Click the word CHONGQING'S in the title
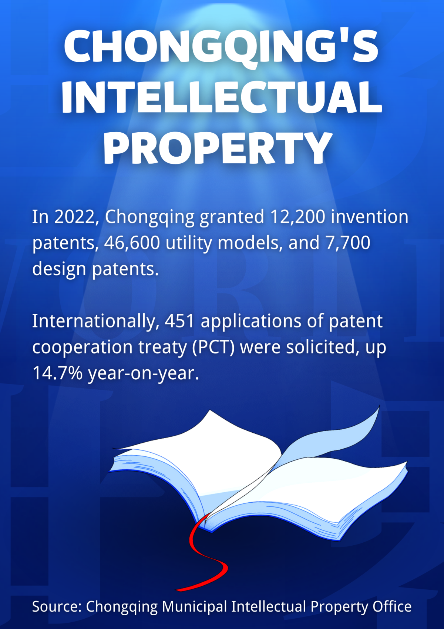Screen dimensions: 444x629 click(221, 47)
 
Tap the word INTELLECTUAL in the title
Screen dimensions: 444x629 click(222, 97)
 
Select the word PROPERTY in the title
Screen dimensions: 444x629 click(218, 148)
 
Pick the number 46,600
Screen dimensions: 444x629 click(132, 243)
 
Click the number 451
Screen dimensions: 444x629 click(180, 321)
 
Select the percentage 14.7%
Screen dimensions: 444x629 click(57, 373)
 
